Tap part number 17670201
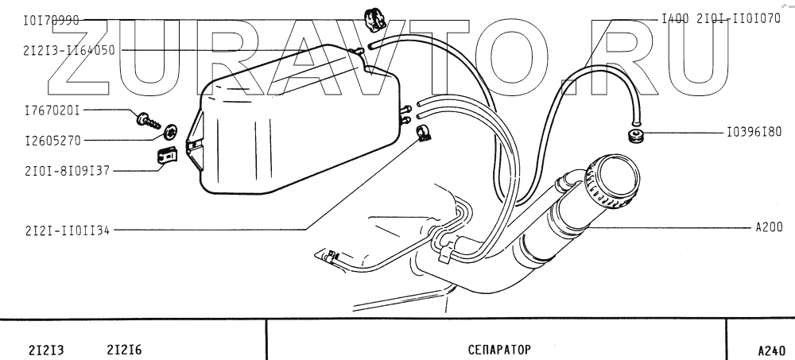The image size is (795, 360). (x=52, y=110)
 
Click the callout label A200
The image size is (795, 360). (x=769, y=227)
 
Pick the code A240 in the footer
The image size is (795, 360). (x=771, y=350)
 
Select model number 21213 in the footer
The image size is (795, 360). (x=45, y=350)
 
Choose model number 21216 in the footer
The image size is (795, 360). (x=123, y=350)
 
